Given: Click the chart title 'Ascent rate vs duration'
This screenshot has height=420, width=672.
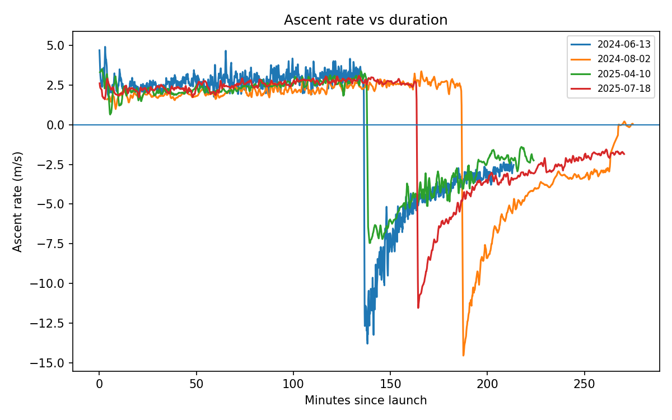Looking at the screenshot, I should click(x=366, y=20).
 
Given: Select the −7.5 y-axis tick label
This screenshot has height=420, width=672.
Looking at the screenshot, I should click(x=53, y=244).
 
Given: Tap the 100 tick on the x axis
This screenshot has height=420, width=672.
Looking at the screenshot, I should click(x=293, y=386).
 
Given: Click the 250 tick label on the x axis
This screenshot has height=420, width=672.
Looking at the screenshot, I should click(x=585, y=386).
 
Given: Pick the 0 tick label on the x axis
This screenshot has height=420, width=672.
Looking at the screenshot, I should click(x=99, y=386).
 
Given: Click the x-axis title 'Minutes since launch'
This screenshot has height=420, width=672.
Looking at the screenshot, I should click(x=366, y=400).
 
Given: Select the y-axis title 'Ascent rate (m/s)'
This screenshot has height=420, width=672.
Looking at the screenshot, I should click(x=18, y=202).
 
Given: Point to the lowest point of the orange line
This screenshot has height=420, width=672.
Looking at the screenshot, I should click(x=463, y=355).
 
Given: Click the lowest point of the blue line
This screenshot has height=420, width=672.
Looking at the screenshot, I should click(x=367, y=343).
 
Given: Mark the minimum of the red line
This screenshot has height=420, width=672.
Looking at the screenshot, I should click(x=418, y=307).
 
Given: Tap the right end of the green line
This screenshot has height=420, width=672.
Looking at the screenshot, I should click(x=534, y=160).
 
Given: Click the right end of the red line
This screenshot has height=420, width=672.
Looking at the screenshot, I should click(x=624, y=154).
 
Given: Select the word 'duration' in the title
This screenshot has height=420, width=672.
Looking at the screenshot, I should click(x=416, y=20).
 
